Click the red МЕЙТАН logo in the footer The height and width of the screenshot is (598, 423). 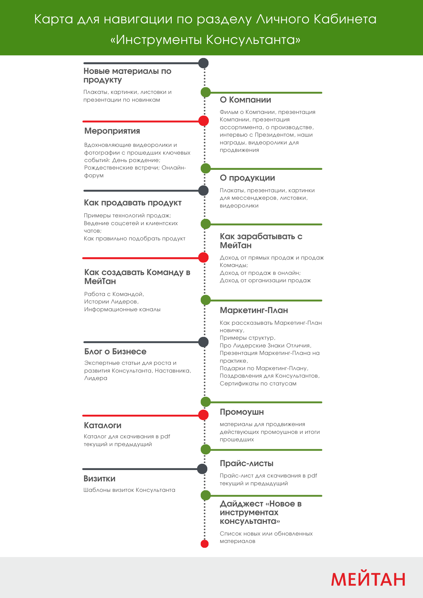pyautogui.click(x=368, y=579)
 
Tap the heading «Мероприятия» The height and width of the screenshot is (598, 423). pyautogui.click(x=112, y=131)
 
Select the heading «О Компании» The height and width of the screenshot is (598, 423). pyautogui.click(x=245, y=100)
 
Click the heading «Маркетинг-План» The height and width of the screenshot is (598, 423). pyautogui.click(x=254, y=310)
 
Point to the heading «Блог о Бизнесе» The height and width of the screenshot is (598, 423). pyautogui.click(x=115, y=352)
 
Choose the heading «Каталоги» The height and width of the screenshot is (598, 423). pyautogui.click(x=103, y=425)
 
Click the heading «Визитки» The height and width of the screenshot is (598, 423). pyautogui.click(x=99, y=479)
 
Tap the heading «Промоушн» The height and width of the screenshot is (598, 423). pyautogui.click(x=242, y=412)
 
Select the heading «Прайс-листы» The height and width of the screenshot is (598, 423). pyautogui.click(x=247, y=463)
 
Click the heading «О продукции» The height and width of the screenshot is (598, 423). pyautogui.click(x=247, y=178)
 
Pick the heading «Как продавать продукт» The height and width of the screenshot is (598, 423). pyautogui.click(x=133, y=203)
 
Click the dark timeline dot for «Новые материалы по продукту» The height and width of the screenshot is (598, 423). pyautogui.click(x=203, y=63)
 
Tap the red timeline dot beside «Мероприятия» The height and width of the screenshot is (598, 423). pyautogui.click(x=204, y=121)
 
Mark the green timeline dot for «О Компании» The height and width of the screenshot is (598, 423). pyautogui.click(x=206, y=92)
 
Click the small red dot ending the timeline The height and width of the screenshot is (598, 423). pyautogui.click(x=205, y=544)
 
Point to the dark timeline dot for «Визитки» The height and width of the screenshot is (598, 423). pyautogui.click(x=202, y=469)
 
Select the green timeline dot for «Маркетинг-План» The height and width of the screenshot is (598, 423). pyautogui.click(x=206, y=300)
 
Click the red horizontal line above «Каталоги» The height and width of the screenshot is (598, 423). pyautogui.click(x=141, y=416)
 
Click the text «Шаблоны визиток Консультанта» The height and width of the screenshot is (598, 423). pyautogui.click(x=129, y=490)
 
